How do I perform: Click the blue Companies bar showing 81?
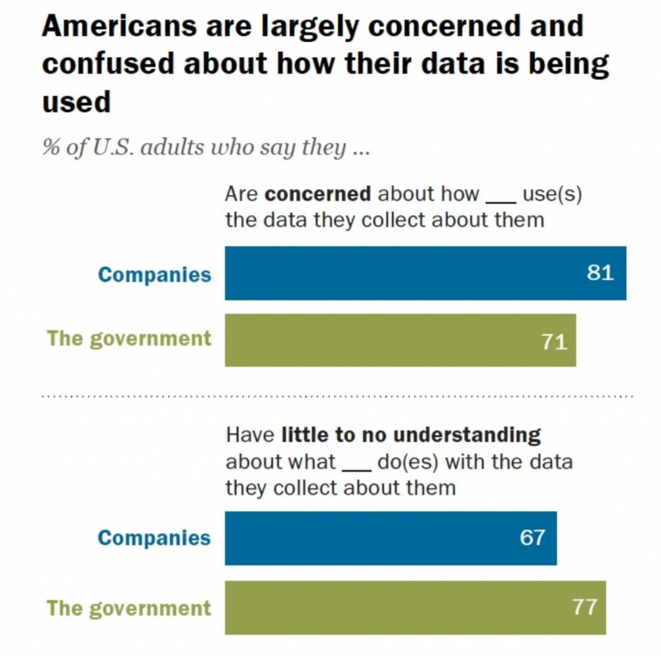(x=400, y=273)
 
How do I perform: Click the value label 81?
(x=600, y=273)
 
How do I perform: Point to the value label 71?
(x=554, y=341)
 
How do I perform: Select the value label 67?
(x=533, y=538)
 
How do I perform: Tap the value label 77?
(x=584, y=607)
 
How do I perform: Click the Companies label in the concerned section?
(x=154, y=274)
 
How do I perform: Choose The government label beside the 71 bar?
(x=129, y=339)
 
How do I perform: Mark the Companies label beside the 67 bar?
(x=154, y=538)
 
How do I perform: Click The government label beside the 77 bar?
(x=129, y=608)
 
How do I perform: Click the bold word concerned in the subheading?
(x=318, y=194)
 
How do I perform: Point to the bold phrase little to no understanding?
(x=411, y=435)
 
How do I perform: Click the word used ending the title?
(x=76, y=101)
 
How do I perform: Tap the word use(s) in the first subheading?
(x=552, y=194)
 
